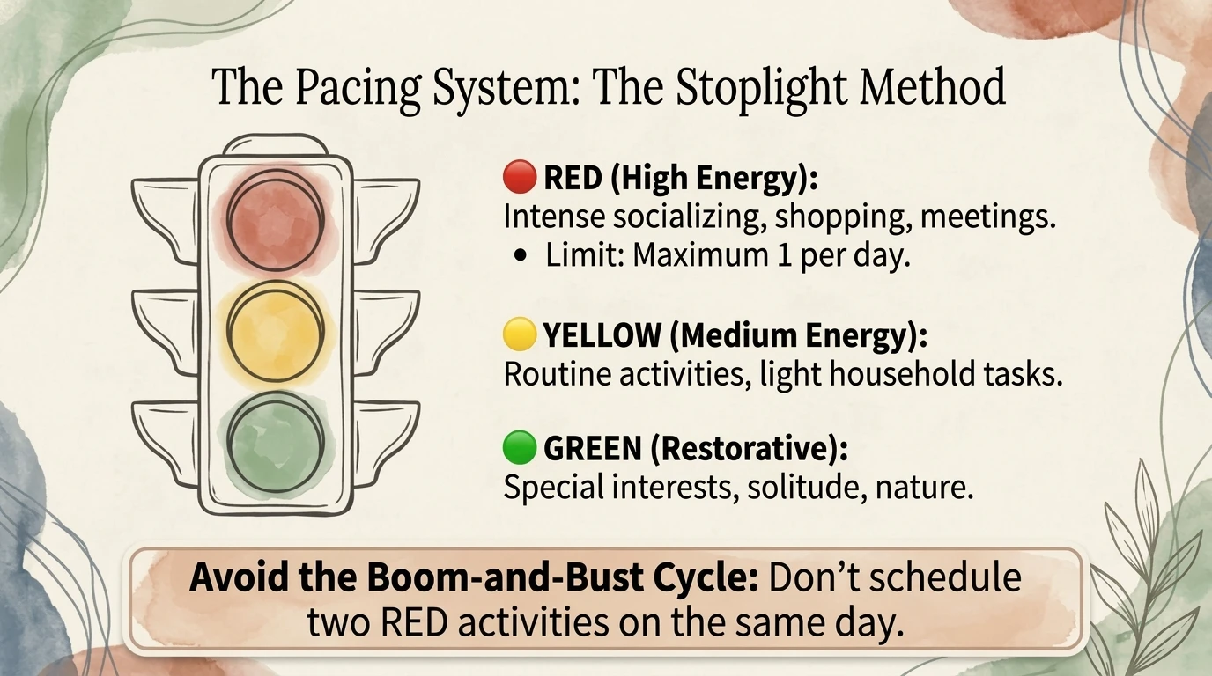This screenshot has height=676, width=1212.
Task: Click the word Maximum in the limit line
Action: pyautogui.click(x=691, y=256)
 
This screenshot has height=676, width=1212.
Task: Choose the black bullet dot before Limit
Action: pyautogui.click(x=525, y=257)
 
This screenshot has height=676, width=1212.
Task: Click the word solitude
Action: pyautogui.click(x=799, y=487)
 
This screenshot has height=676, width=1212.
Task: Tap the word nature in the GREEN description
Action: pyautogui.click(x=924, y=487)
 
